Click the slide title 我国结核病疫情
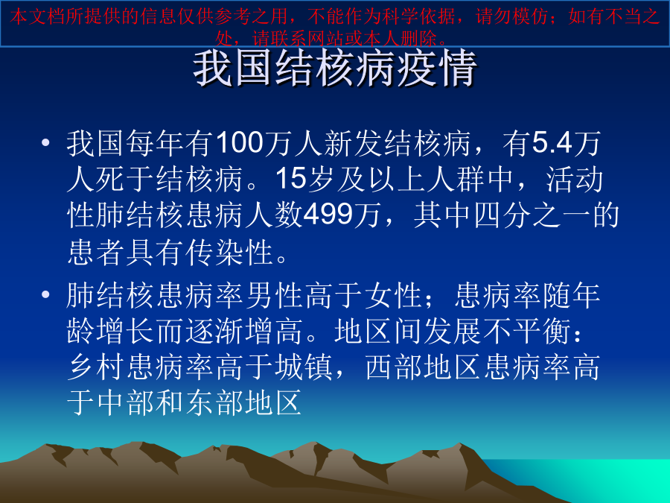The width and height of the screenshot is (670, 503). pyautogui.click(x=335, y=69)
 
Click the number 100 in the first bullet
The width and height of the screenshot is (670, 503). pyautogui.click(x=240, y=142)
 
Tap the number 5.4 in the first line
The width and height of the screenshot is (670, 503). pyautogui.click(x=552, y=142)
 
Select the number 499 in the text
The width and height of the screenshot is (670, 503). pyautogui.click(x=328, y=214)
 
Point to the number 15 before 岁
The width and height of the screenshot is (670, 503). pyautogui.click(x=291, y=178)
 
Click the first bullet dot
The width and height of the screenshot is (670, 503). pyautogui.click(x=45, y=142)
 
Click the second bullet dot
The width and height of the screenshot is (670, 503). pyautogui.click(x=45, y=294)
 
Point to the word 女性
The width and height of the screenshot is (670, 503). pyautogui.click(x=393, y=294)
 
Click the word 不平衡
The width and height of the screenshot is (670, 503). pyautogui.click(x=526, y=331)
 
